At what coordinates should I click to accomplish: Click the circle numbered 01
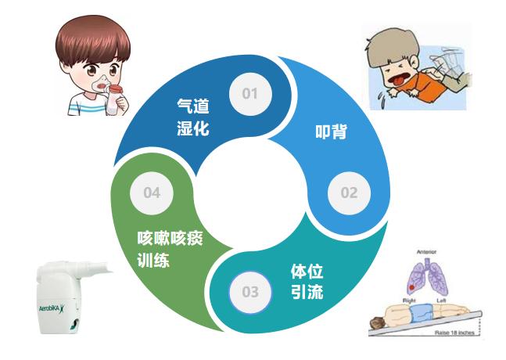(x=249, y=94)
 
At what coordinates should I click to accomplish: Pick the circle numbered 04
(x=151, y=193)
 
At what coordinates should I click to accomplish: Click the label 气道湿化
(x=193, y=117)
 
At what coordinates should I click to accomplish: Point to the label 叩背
(x=335, y=131)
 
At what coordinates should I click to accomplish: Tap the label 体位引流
(x=306, y=283)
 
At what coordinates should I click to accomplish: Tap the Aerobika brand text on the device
(x=52, y=308)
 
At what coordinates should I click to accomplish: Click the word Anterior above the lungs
(x=426, y=253)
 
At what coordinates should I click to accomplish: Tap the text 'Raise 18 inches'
(x=458, y=332)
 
